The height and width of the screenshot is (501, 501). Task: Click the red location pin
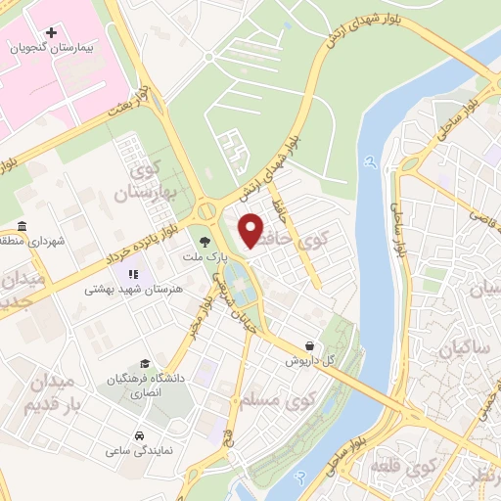click(x=251, y=229)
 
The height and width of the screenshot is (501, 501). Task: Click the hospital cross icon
click(x=52, y=33)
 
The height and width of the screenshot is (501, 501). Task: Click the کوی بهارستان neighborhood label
click(x=157, y=181)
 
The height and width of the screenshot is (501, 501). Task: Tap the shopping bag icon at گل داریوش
click(x=310, y=346)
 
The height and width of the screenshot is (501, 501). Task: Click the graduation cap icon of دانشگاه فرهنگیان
click(x=146, y=364)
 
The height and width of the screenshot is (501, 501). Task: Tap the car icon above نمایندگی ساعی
click(x=141, y=436)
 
